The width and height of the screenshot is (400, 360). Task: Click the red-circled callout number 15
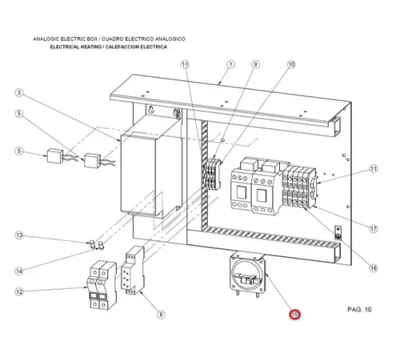point(294,314)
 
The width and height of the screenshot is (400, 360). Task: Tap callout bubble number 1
point(230,64)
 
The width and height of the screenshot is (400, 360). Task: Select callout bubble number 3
point(19,93)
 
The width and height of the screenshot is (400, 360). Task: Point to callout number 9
point(255,64)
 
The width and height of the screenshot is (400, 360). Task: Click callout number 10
point(291,64)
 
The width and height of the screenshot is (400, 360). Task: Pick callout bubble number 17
point(374,229)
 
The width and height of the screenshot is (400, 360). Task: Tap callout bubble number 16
point(374,268)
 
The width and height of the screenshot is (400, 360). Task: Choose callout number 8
point(161,314)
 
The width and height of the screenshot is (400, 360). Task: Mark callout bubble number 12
point(19,292)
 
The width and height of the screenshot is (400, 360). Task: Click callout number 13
point(19,235)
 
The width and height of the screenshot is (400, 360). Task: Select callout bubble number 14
point(19,271)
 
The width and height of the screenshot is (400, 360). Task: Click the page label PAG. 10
point(359,310)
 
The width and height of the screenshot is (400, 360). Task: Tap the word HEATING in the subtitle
point(90,47)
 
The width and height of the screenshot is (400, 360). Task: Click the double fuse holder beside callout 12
point(102,285)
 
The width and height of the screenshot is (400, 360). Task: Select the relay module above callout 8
point(133,270)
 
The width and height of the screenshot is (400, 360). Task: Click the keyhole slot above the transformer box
point(151,110)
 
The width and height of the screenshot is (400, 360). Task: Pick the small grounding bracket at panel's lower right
point(338,234)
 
